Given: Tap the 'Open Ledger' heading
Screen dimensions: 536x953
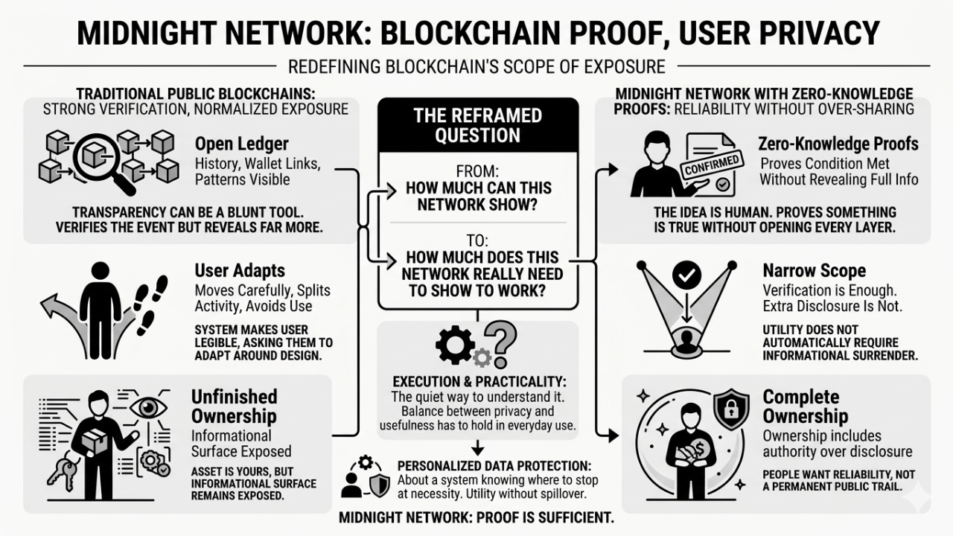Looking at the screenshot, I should coord(241,144).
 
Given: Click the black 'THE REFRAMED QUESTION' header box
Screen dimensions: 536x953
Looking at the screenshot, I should coord(478,126).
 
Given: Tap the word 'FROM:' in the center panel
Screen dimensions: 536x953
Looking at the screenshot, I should coord(477,169).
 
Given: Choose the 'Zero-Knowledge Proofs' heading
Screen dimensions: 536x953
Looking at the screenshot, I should coord(838,144).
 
